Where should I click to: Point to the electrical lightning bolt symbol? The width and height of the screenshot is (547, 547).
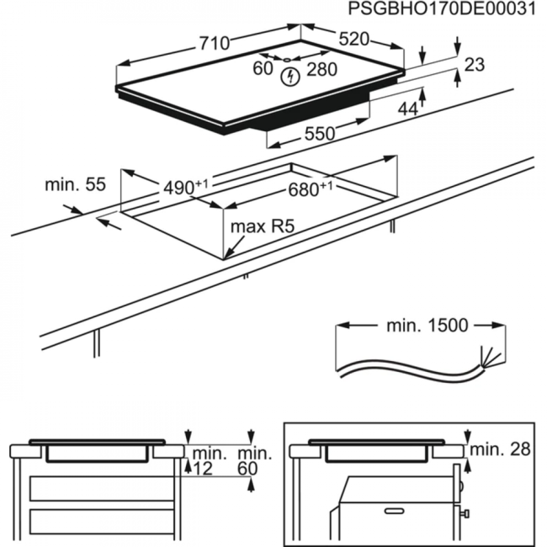pyautogui.click(x=290, y=77)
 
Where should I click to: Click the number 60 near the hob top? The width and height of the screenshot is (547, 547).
pyautogui.click(x=263, y=68)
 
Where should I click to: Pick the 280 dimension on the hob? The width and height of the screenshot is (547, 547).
pyautogui.click(x=321, y=69)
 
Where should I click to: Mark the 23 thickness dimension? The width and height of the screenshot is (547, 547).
pyautogui.click(x=475, y=65)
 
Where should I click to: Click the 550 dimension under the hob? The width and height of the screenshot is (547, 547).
pyautogui.click(x=319, y=133)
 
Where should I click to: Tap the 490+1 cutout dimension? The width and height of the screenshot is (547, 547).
pyautogui.click(x=185, y=186)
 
